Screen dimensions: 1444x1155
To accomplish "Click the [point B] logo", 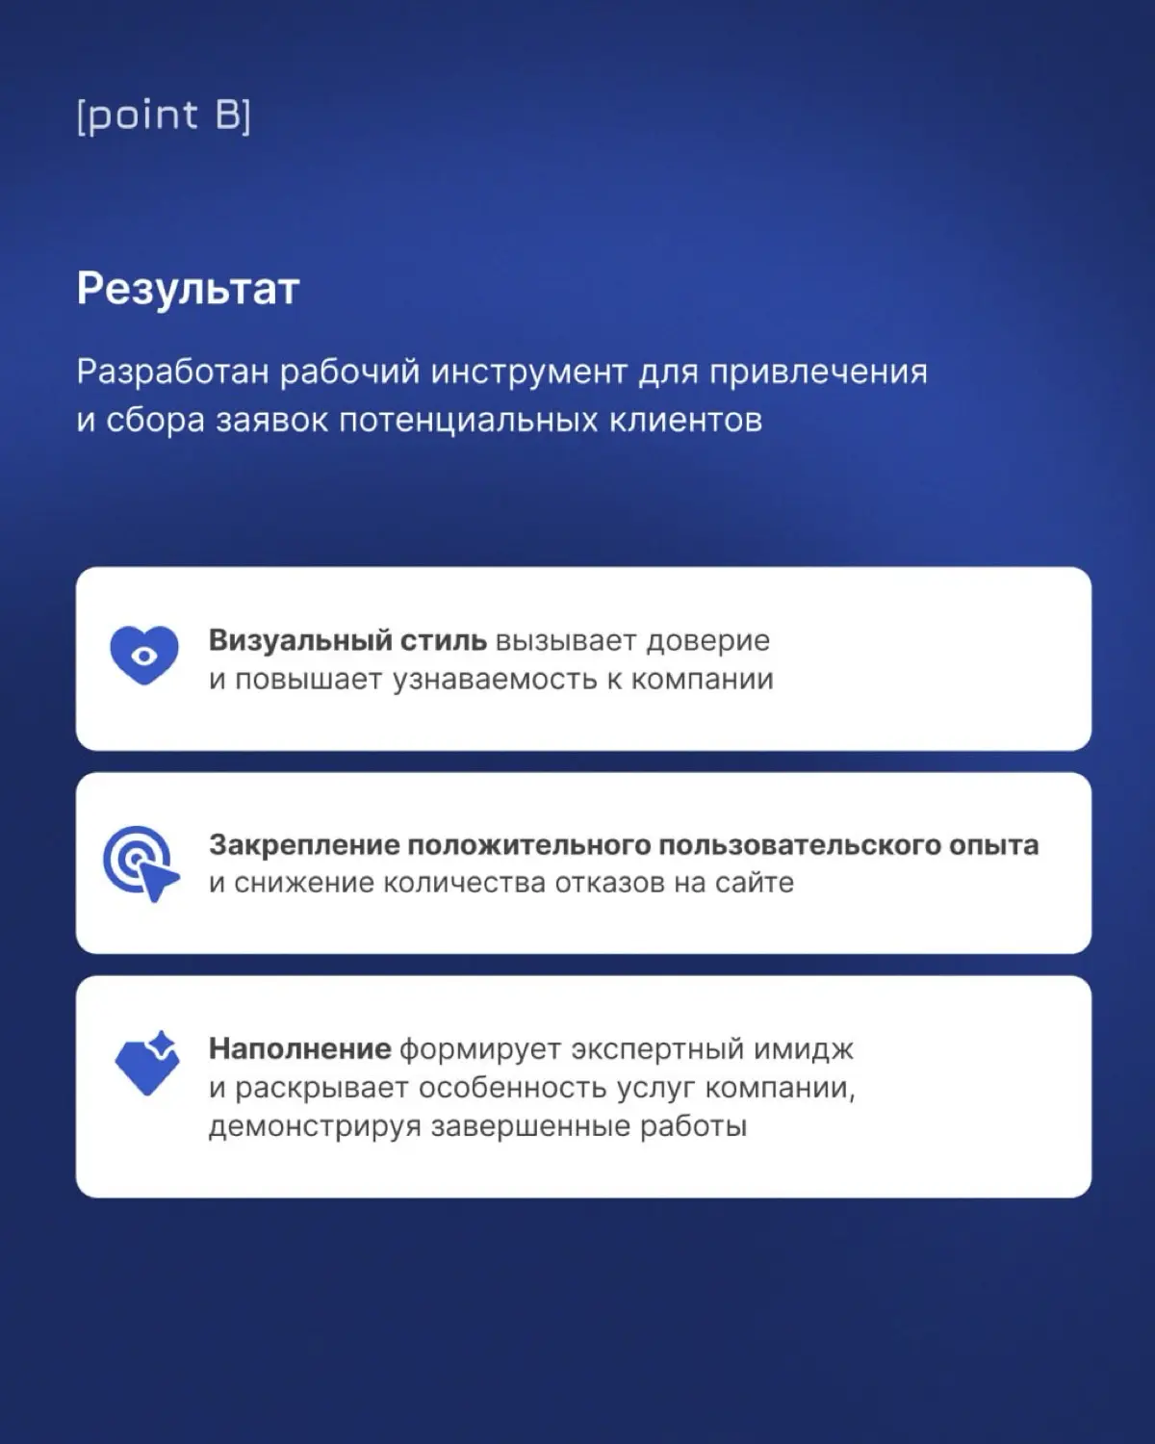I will tap(164, 116).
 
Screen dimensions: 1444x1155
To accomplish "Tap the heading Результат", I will tap(189, 288).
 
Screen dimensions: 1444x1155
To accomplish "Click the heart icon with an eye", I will tap(144, 655).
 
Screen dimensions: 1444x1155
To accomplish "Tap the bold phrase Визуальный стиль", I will tap(347, 640).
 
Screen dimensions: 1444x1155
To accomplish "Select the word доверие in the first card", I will tap(707, 640).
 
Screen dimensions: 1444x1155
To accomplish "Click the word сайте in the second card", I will tap(755, 883).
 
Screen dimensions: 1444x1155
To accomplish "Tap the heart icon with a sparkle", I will tap(145, 1064).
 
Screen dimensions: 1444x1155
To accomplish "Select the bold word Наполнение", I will tap(299, 1048).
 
